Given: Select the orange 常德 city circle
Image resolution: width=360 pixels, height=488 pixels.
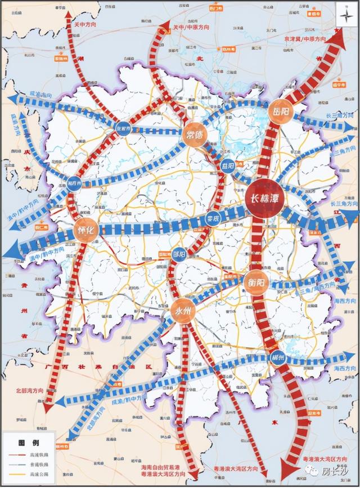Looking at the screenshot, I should tap(195, 133).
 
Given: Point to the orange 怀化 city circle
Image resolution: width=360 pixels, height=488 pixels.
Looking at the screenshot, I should tap(86, 229).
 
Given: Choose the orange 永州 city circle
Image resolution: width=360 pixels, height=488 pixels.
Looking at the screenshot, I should tap(182, 312).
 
